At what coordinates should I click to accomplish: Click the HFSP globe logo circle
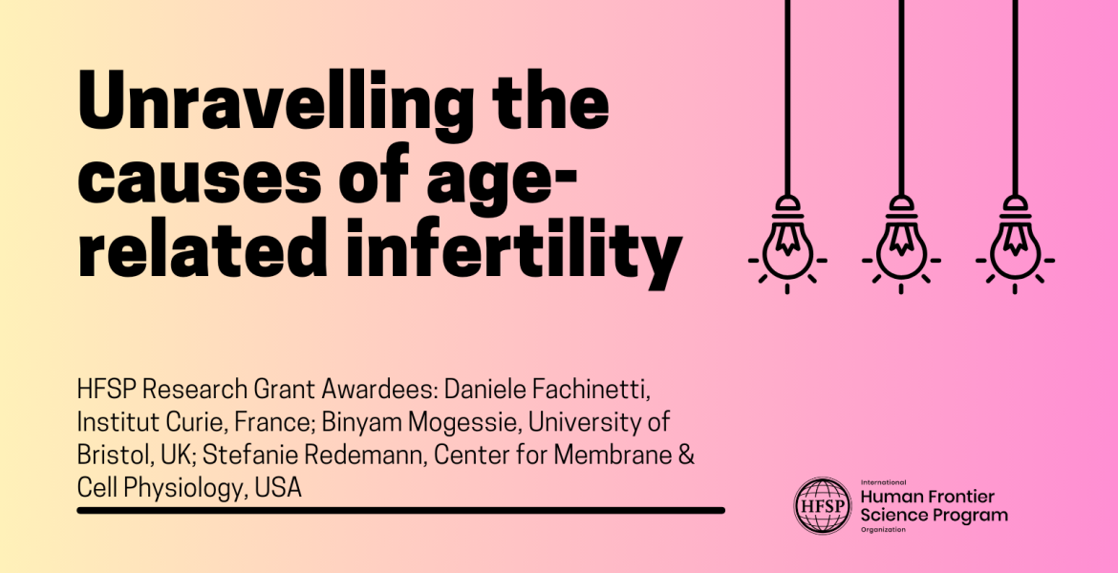point(823,505)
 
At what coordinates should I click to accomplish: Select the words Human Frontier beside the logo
point(927,497)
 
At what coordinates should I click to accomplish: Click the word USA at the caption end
point(280,487)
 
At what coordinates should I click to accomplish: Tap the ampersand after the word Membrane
point(684,455)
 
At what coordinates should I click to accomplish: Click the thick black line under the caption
point(400,511)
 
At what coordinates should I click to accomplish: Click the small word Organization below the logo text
point(883,529)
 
